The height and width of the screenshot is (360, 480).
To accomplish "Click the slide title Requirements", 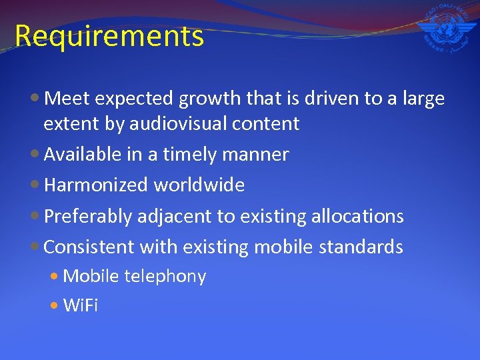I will click(109, 36).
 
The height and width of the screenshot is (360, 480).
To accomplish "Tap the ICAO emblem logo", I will click(445, 28).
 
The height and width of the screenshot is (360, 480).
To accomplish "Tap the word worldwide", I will click(199, 185).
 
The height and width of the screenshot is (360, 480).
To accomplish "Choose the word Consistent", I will click(89, 247).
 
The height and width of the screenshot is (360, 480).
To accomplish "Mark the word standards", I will click(361, 247).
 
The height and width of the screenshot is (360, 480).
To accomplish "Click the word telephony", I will click(165, 276).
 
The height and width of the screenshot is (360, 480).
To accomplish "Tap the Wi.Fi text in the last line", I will click(80, 305).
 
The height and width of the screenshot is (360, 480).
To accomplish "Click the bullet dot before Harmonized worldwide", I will click(36, 185).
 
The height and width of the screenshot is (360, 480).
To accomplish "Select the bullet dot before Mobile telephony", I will click(55, 277).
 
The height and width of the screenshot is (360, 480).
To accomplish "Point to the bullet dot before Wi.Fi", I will click(55, 306).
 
